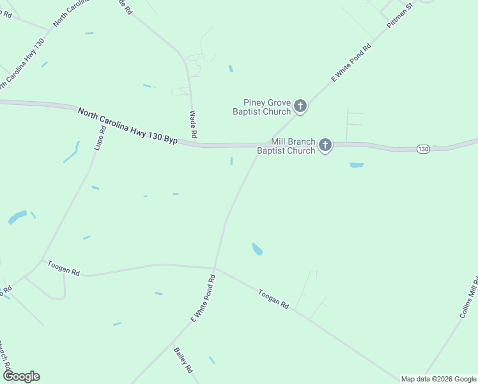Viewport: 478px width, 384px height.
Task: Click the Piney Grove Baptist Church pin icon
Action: coord(300,106)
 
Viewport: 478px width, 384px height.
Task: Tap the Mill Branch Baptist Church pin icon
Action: coord(325,145)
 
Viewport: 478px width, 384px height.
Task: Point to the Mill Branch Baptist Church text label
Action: coord(286,146)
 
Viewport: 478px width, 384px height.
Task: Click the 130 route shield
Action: coord(423,148)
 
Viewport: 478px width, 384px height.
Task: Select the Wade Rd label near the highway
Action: coord(193,125)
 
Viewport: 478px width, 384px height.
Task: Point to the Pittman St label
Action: coord(401,14)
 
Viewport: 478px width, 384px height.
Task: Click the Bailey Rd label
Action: coord(183,360)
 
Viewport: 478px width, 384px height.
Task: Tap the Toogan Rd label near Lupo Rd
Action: coord(63,268)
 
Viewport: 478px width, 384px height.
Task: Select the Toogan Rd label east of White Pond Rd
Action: coord(274,300)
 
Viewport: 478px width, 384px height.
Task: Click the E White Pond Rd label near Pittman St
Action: coord(351,63)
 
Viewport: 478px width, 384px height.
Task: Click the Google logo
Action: coord(22,376)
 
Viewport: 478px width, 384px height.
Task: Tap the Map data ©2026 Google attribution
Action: coord(438,379)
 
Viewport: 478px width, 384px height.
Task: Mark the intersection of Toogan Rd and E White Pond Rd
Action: coord(214,268)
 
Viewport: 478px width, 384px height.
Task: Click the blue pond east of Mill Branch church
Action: coord(357,165)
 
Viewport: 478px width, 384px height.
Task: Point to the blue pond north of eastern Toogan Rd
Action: coord(258,249)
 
